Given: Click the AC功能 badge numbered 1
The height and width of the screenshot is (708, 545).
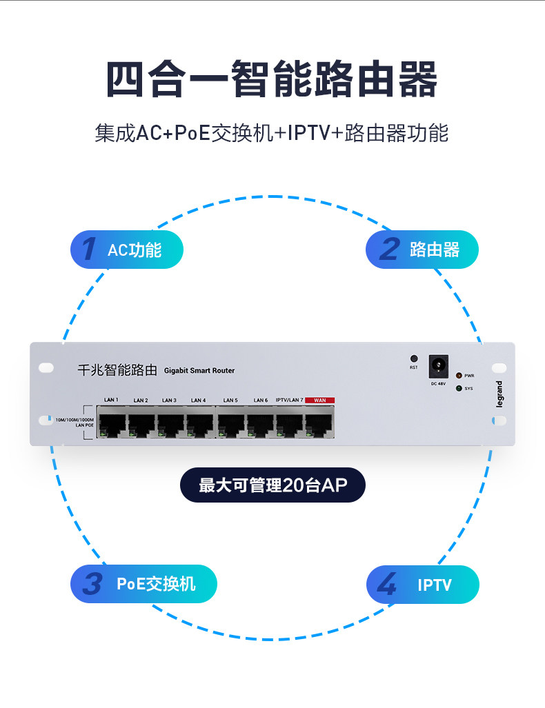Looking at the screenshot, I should [127, 250].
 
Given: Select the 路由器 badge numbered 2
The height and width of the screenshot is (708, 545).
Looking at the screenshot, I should [422, 250].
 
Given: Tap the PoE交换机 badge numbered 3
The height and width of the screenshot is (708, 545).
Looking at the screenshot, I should [143, 584].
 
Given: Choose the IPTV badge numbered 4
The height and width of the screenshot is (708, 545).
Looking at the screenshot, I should [422, 585].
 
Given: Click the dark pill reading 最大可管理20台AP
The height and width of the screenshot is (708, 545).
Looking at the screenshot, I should [272, 485].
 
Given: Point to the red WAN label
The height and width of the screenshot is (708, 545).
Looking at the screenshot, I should [319, 400].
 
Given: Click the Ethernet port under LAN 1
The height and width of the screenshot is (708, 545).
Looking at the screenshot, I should [111, 421].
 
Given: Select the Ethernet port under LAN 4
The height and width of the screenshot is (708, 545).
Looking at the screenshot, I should [199, 421].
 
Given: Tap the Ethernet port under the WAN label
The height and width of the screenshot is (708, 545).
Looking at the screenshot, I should [319, 421].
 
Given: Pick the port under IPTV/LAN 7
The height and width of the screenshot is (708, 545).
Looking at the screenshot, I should [290, 421].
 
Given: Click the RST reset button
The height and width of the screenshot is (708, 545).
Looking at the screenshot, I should [414, 359].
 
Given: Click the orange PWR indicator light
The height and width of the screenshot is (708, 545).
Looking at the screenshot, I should [459, 376].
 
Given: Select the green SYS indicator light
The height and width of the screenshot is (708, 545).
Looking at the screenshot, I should [459, 388].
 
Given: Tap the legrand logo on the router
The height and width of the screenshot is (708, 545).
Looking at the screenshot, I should [499, 394].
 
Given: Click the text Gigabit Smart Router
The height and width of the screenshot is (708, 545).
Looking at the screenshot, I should [199, 371].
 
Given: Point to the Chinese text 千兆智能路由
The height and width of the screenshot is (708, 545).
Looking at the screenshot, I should [117, 370].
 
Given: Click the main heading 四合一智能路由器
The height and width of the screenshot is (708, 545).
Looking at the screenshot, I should [272, 81].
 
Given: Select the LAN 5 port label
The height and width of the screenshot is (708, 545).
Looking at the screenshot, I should [230, 400].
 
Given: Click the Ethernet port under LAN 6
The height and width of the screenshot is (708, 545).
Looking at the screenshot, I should [260, 421].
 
